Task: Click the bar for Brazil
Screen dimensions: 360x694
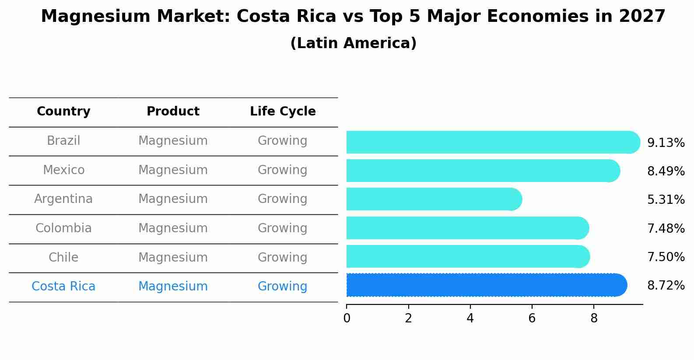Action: pyautogui.click(x=493, y=142)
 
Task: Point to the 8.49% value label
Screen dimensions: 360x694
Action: pyautogui.click(x=666, y=171)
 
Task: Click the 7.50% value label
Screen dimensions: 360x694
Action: pyautogui.click(x=666, y=257)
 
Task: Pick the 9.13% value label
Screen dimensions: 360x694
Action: pyautogui.click(x=666, y=143)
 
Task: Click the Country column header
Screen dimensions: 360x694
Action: pyautogui.click(x=63, y=112)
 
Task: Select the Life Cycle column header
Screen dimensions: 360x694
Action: pyautogui.click(x=283, y=112)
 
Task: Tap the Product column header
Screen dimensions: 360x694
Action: pyautogui.click(x=173, y=112)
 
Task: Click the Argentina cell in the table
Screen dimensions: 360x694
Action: pyautogui.click(x=63, y=199)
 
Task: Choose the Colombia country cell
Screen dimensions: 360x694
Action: pyautogui.click(x=63, y=228)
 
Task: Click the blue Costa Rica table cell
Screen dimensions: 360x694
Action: pyautogui.click(x=63, y=287)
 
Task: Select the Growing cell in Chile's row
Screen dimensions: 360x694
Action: pyautogui.click(x=282, y=258)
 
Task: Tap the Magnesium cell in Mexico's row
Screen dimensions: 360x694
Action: pyautogui.click(x=173, y=170)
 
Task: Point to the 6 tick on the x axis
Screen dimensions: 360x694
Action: pyautogui.click(x=532, y=318)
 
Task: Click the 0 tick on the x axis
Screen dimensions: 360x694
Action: pyautogui.click(x=347, y=318)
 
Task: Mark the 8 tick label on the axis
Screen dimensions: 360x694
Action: pyautogui.click(x=594, y=318)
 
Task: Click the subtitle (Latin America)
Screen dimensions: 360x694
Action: pyautogui.click(x=353, y=43)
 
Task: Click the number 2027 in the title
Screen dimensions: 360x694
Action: pyautogui.click(x=642, y=17)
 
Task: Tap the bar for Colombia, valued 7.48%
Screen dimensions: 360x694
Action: pyautogui.click(x=467, y=228)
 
